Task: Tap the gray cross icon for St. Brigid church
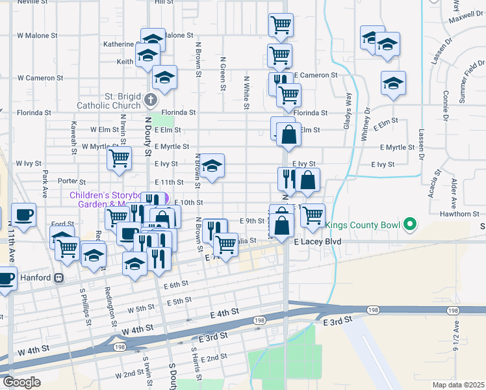[x=151, y=100]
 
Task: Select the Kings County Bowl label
[x=363, y=226]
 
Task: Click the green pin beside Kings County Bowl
[x=409, y=226]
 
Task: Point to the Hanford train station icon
[x=58, y=278]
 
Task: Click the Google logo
[x=21, y=382]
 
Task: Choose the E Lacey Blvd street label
[x=318, y=241]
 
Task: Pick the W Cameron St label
[x=40, y=77]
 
